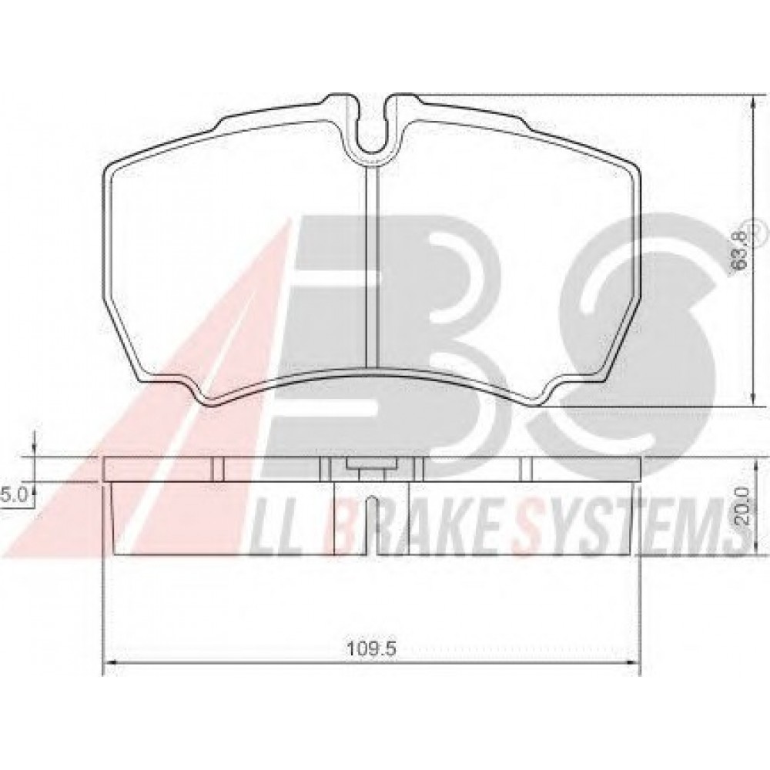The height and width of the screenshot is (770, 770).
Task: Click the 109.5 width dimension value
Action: (x=371, y=648)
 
